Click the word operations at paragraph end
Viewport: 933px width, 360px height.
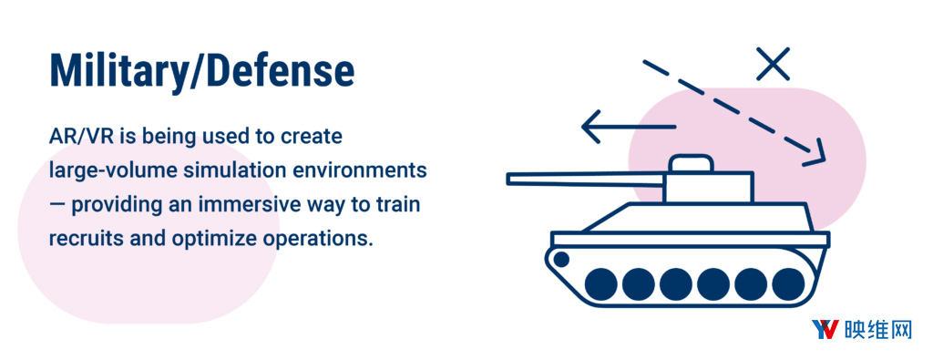(314, 240)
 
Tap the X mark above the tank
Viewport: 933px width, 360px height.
(773, 65)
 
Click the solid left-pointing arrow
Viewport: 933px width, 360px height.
(629, 127)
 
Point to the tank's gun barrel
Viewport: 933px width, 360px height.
(586, 180)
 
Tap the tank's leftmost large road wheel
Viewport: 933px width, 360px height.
(601, 283)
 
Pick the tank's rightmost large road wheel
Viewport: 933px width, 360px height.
(788, 283)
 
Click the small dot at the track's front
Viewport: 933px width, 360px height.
(560, 258)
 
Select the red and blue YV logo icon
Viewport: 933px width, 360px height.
(825, 329)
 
